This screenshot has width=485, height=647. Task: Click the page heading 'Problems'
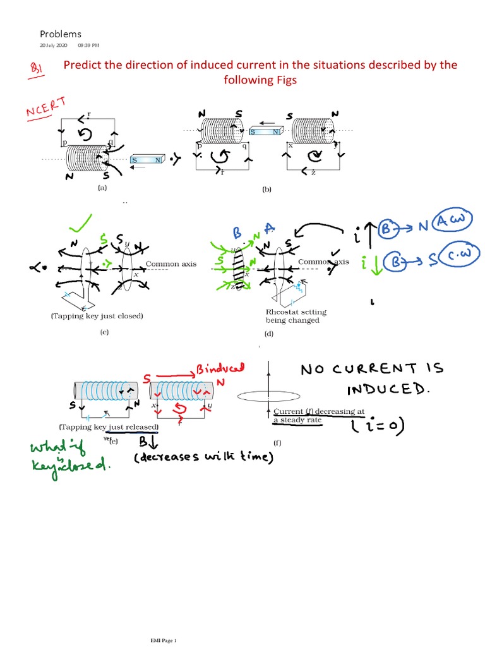click(61, 34)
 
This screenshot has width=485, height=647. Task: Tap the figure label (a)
click(102, 188)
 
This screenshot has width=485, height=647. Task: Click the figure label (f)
click(277, 442)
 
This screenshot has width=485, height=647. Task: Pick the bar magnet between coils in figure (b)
click(265, 131)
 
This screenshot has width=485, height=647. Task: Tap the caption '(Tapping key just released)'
click(109, 427)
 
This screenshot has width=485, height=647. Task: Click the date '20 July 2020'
click(53, 46)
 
